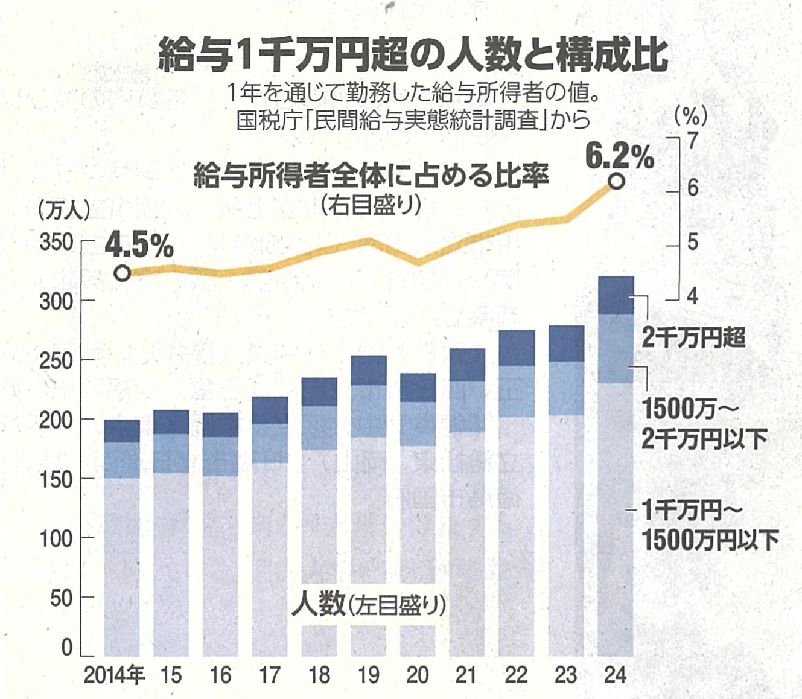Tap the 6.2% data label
[x=620, y=158]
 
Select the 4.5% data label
[x=139, y=246]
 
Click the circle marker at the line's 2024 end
[x=616, y=181]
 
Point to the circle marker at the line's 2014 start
[x=123, y=273]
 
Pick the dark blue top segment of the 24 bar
[x=616, y=295]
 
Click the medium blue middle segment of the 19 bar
[x=369, y=411]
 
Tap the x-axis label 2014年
[x=114, y=675]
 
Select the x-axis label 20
[x=418, y=675]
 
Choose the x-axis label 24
[x=615, y=675]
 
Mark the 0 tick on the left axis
[x=66, y=648]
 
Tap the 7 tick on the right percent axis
[x=692, y=140]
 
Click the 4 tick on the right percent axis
[x=692, y=296]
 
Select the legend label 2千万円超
[x=693, y=337]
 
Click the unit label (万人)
[x=63, y=209]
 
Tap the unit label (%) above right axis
[x=691, y=115]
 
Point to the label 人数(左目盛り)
[x=369, y=604]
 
